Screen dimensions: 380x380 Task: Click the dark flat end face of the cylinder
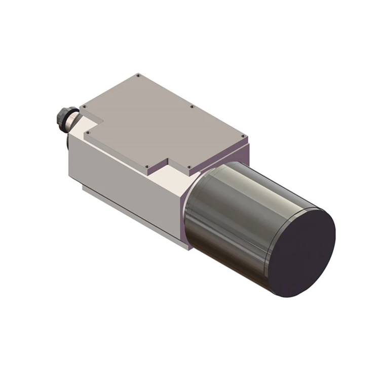pyautogui.click(x=301, y=253)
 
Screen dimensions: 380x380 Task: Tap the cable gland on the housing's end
pyautogui.click(x=66, y=119)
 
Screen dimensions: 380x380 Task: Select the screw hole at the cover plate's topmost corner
pyautogui.click(x=138, y=75)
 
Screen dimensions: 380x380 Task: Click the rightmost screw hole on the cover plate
pyautogui.click(x=244, y=136)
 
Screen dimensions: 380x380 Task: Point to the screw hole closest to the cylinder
pyautogui.click(x=189, y=167)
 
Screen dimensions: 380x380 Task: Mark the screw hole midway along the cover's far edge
pyautogui.click(x=192, y=106)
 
